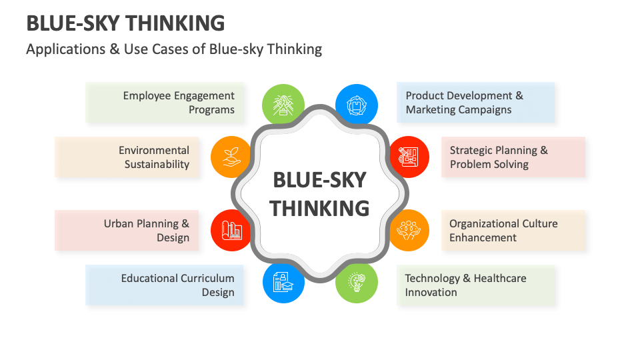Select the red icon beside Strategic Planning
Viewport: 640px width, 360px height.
pos(409,157)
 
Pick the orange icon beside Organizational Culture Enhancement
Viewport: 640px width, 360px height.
pos(409,231)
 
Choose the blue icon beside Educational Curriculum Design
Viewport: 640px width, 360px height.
pos(283,283)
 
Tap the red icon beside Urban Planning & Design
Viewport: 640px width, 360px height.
pos(231,231)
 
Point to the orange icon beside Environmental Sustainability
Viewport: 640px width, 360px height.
pos(231,157)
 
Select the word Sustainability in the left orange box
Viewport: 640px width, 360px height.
pos(157,164)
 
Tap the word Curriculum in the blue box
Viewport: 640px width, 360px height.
pos(207,279)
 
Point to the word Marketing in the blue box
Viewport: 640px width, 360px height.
pos(430,110)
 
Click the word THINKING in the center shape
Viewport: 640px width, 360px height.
pos(320,208)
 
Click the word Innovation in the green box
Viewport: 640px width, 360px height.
pos(431,293)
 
